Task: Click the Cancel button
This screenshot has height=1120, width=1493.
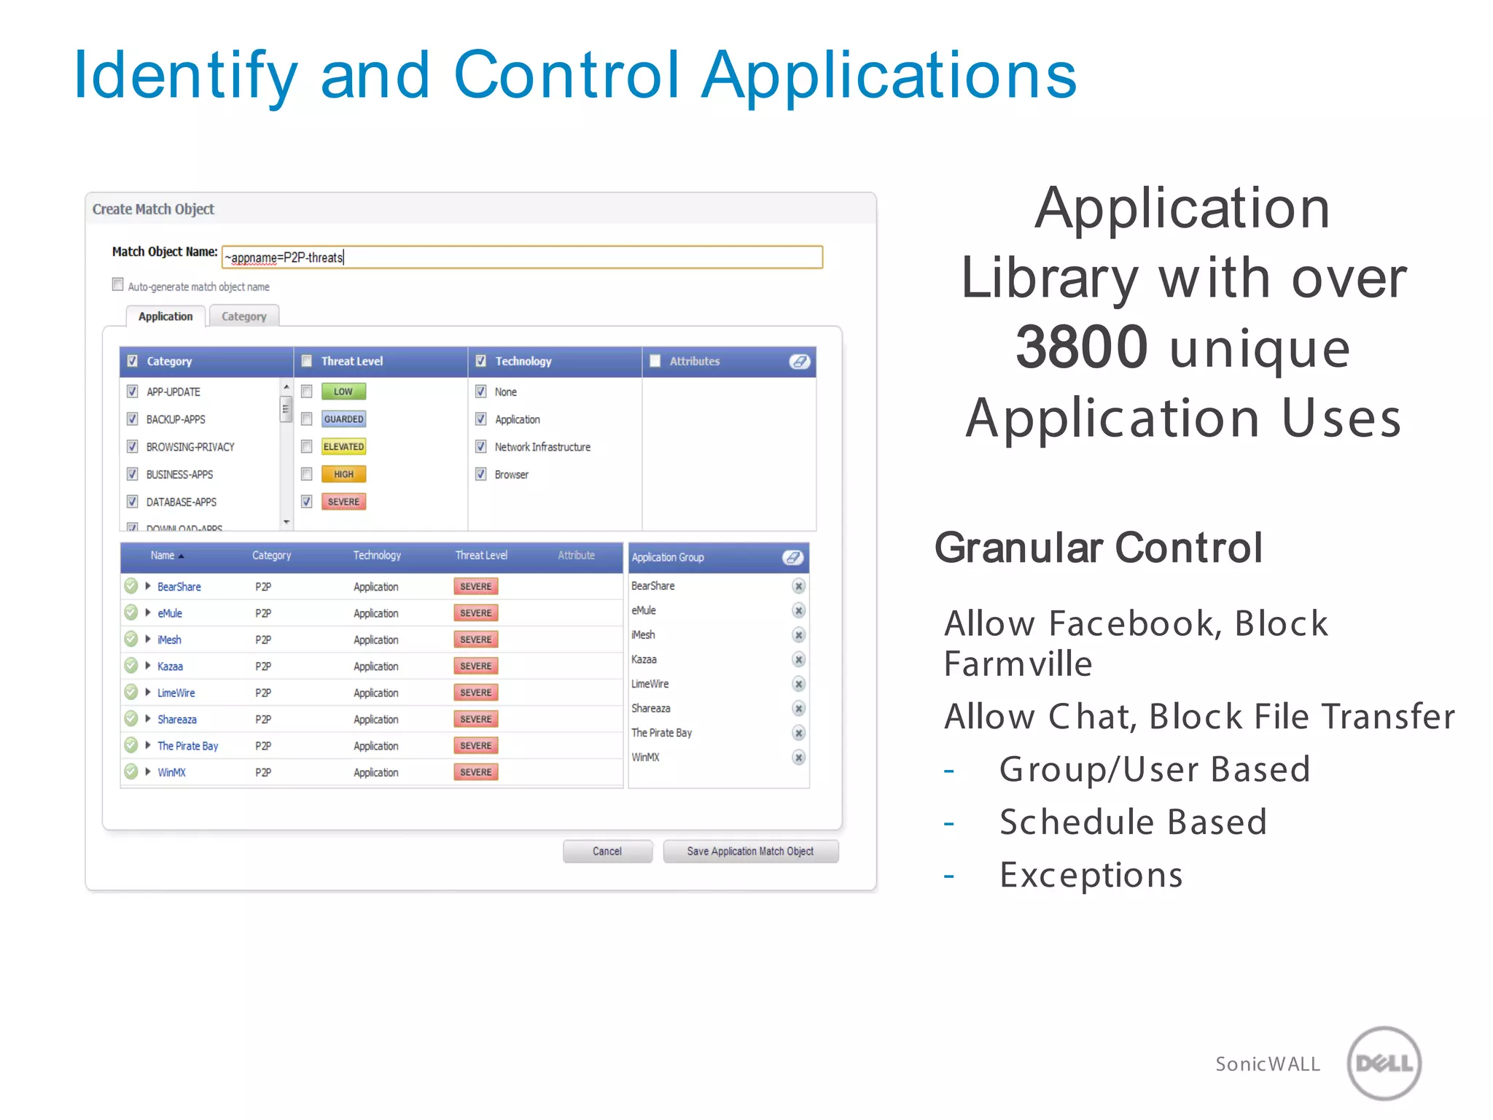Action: (x=607, y=851)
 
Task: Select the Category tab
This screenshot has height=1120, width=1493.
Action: (x=243, y=316)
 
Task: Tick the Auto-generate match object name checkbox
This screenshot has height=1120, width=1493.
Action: (x=118, y=284)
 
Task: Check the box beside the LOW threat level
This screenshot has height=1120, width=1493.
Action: (x=307, y=392)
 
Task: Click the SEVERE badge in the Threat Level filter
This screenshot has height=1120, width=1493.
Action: (x=343, y=502)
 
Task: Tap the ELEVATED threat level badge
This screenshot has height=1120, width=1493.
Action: (x=343, y=446)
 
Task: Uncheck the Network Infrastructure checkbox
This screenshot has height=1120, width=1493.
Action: (x=481, y=446)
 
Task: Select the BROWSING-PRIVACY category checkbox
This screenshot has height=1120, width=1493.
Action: (x=133, y=446)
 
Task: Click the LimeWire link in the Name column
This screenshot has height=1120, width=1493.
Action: (x=176, y=693)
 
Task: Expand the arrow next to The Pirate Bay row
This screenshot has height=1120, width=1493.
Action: (x=148, y=745)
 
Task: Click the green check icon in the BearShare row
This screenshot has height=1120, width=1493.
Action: (x=131, y=586)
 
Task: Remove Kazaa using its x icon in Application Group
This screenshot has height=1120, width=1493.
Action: (x=799, y=659)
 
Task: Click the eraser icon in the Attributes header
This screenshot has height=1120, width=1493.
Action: (x=799, y=362)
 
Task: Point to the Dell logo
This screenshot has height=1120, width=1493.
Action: (x=1384, y=1063)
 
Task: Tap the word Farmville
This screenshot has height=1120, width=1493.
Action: (x=1018, y=664)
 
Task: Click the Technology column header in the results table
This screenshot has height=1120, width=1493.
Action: (x=377, y=556)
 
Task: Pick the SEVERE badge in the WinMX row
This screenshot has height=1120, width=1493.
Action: (x=475, y=772)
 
